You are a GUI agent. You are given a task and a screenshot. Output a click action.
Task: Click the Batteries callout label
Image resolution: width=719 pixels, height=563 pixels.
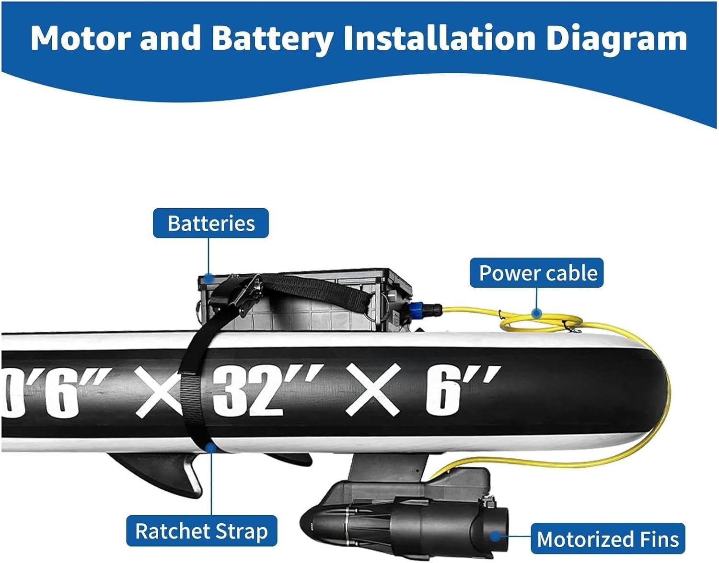pos(211,223)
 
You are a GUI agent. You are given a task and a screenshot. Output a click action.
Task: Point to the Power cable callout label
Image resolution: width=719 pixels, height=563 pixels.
pos(536,272)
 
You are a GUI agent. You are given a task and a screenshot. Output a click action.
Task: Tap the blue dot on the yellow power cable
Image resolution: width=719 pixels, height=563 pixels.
pos(536,313)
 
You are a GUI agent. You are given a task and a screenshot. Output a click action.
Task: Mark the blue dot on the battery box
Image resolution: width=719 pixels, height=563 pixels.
pos(209,278)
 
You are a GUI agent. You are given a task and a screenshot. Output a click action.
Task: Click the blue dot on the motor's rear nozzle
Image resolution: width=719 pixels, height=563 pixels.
pos(495,536)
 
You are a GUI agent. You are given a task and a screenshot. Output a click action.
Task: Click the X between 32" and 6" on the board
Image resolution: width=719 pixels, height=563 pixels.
pos(373,390)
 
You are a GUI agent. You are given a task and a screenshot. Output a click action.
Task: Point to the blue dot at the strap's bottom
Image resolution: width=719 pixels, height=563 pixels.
pos(211,448)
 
